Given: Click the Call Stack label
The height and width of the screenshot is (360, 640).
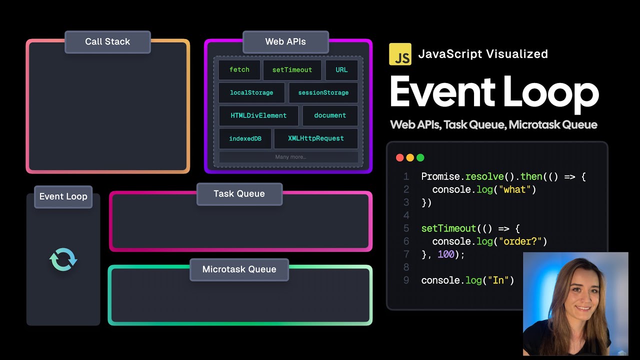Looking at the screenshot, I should [107, 42].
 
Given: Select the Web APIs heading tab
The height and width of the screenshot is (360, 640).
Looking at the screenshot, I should [285, 42].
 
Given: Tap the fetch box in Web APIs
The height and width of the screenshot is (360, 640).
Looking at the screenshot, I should [239, 70].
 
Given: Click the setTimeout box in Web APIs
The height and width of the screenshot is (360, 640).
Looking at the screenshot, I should [292, 70].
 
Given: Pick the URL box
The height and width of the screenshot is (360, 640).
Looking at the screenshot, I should [341, 70].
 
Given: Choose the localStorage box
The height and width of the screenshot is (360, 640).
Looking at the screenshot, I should [251, 93].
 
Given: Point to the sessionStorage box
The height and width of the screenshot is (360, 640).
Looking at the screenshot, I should [323, 93].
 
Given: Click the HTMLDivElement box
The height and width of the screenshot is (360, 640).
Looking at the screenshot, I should [258, 115].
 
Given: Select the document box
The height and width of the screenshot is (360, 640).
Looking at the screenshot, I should [330, 115].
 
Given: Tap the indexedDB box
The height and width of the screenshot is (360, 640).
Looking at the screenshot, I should [245, 138].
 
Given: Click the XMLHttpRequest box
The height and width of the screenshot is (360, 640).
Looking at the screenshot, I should [316, 138].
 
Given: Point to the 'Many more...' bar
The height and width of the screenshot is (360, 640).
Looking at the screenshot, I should [290, 157].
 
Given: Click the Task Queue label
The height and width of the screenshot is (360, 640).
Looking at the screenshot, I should [239, 194].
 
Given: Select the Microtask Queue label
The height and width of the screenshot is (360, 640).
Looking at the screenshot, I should [239, 269].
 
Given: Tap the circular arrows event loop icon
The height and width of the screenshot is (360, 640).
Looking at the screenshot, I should [63, 260].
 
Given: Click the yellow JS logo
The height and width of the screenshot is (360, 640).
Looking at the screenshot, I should [400, 54].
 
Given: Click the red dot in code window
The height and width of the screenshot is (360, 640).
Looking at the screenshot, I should [399, 157].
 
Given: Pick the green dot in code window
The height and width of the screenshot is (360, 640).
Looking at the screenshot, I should [420, 157].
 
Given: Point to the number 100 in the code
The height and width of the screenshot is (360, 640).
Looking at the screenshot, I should [445, 254].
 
